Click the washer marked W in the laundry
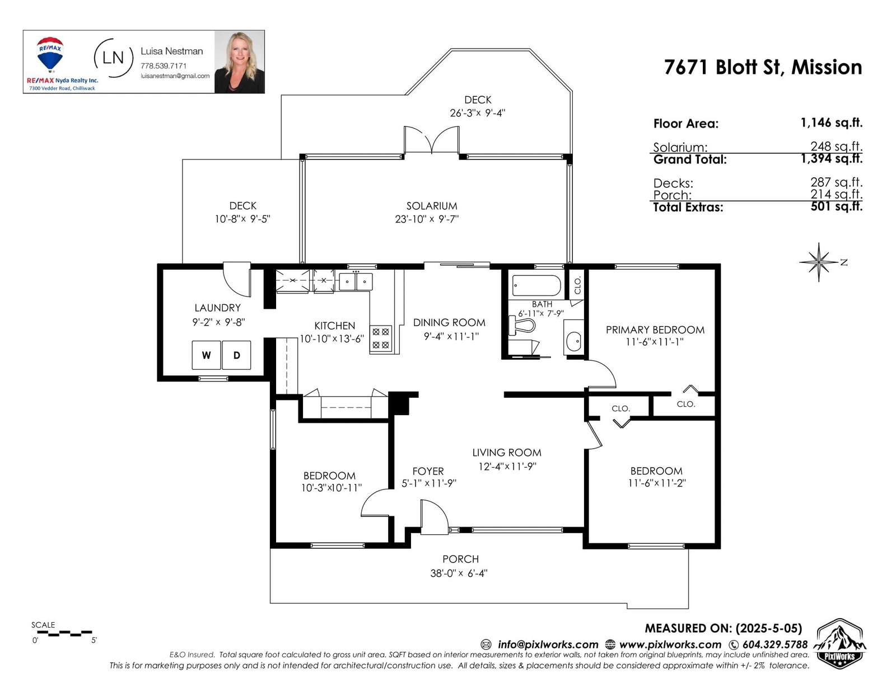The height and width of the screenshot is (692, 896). point(206,355)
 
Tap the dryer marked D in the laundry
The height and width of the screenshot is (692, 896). point(236,355)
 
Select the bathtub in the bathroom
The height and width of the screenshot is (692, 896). point(536,285)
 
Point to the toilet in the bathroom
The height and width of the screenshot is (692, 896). point(521,326)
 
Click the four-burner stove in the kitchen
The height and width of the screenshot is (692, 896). point(381,338)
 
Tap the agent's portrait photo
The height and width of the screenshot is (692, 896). point(240,62)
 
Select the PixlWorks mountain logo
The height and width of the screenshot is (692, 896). point(841,643)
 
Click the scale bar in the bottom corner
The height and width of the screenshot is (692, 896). point(62,633)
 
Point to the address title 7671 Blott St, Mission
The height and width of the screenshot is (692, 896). point(763,67)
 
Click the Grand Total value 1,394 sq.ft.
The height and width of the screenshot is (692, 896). point(831,158)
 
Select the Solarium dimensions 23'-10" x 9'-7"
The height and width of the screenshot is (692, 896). point(427,219)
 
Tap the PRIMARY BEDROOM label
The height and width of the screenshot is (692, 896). point(655,329)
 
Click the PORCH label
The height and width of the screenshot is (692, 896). point(460,559)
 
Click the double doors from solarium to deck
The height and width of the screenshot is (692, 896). point(431,140)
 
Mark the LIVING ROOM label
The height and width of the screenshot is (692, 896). point(507,452)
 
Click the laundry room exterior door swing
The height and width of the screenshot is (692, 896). point(237,279)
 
